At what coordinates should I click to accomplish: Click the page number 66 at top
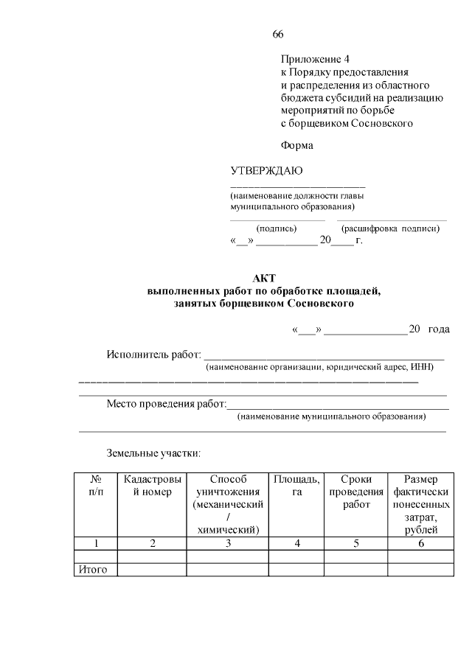pos(278,35)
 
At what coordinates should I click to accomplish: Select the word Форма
pos(296,145)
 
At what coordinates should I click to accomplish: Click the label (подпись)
pos(276,228)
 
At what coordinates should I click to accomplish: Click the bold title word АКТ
pos(263,278)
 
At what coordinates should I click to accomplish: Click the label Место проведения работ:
pos(166,404)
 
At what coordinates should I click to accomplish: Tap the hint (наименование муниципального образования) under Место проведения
pos(331,416)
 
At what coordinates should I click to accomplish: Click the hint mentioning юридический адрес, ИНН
pos(319,366)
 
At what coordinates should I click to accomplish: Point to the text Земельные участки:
pos(153,453)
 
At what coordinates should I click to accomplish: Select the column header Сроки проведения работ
pos(356,492)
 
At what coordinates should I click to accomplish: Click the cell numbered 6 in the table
pos(420,543)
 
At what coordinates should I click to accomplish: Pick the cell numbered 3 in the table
pos(228,543)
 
